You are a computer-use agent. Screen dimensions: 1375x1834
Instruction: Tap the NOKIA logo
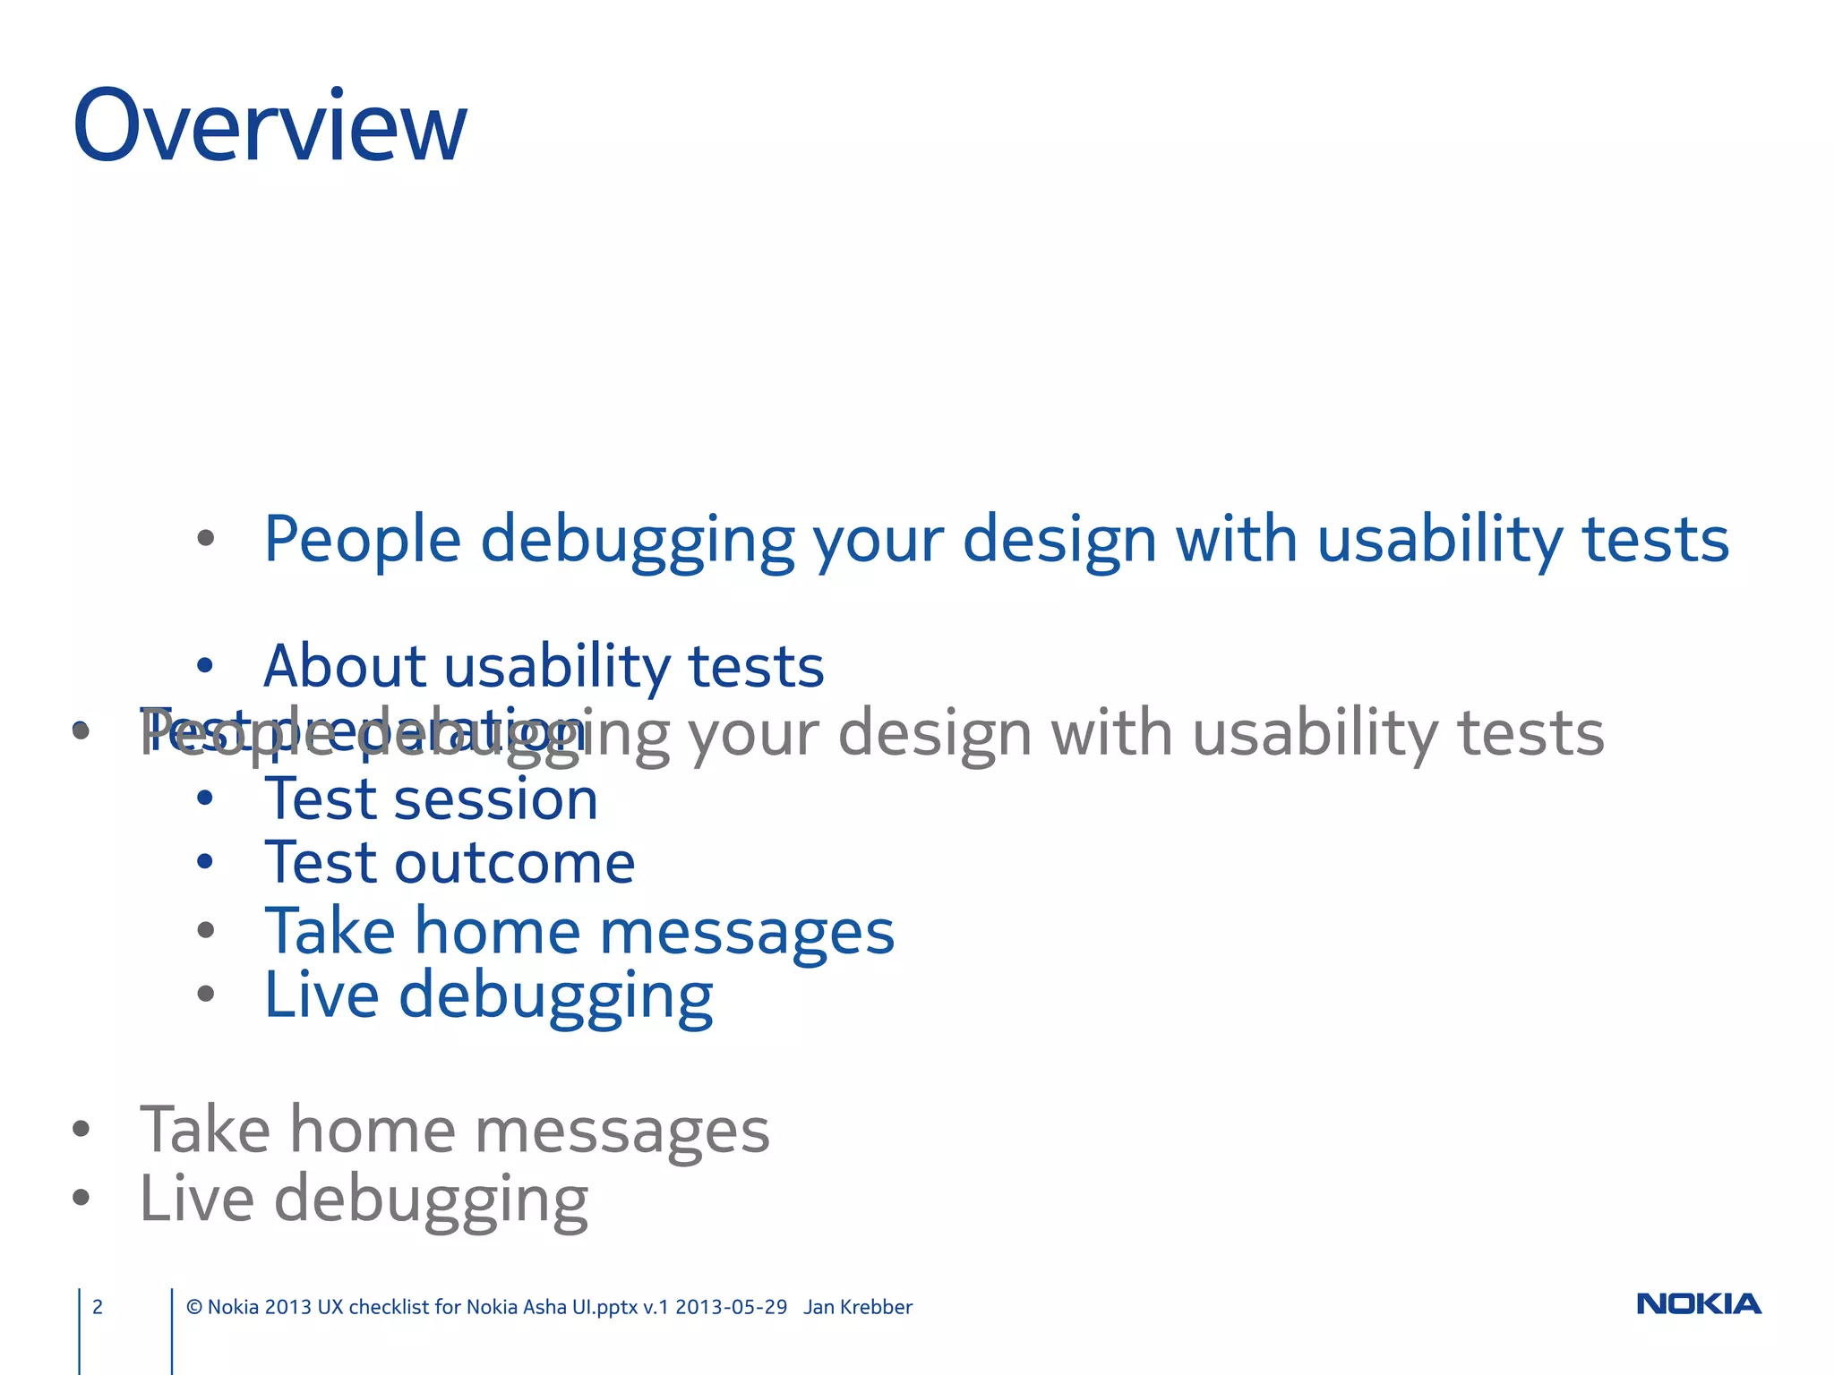[x=1698, y=1304]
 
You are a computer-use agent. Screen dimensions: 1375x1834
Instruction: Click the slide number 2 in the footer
[x=98, y=1307]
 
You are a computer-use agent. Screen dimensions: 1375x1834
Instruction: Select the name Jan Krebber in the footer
[x=858, y=1307]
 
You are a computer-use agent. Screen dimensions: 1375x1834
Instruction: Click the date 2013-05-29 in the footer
[x=731, y=1307]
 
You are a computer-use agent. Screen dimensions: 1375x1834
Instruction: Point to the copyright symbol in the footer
[x=194, y=1307]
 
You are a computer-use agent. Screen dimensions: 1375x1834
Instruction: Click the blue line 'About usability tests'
[x=544, y=667]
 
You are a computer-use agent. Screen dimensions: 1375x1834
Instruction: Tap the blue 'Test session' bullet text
[x=431, y=799]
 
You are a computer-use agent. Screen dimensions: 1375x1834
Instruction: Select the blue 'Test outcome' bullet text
[x=450, y=863]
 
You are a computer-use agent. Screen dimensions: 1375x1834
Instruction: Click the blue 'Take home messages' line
[x=579, y=931]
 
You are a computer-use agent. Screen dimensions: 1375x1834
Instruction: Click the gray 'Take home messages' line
[x=455, y=1130]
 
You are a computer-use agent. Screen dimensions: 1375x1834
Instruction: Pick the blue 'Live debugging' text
[x=488, y=995]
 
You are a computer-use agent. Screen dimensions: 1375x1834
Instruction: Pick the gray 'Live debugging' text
[x=364, y=1199]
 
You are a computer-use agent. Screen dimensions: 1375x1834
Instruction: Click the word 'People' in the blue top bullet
[x=362, y=540]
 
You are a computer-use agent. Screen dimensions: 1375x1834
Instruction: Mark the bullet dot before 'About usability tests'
[x=205, y=665]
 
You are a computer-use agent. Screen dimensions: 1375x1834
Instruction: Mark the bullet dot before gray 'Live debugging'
[x=81, y=1197]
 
